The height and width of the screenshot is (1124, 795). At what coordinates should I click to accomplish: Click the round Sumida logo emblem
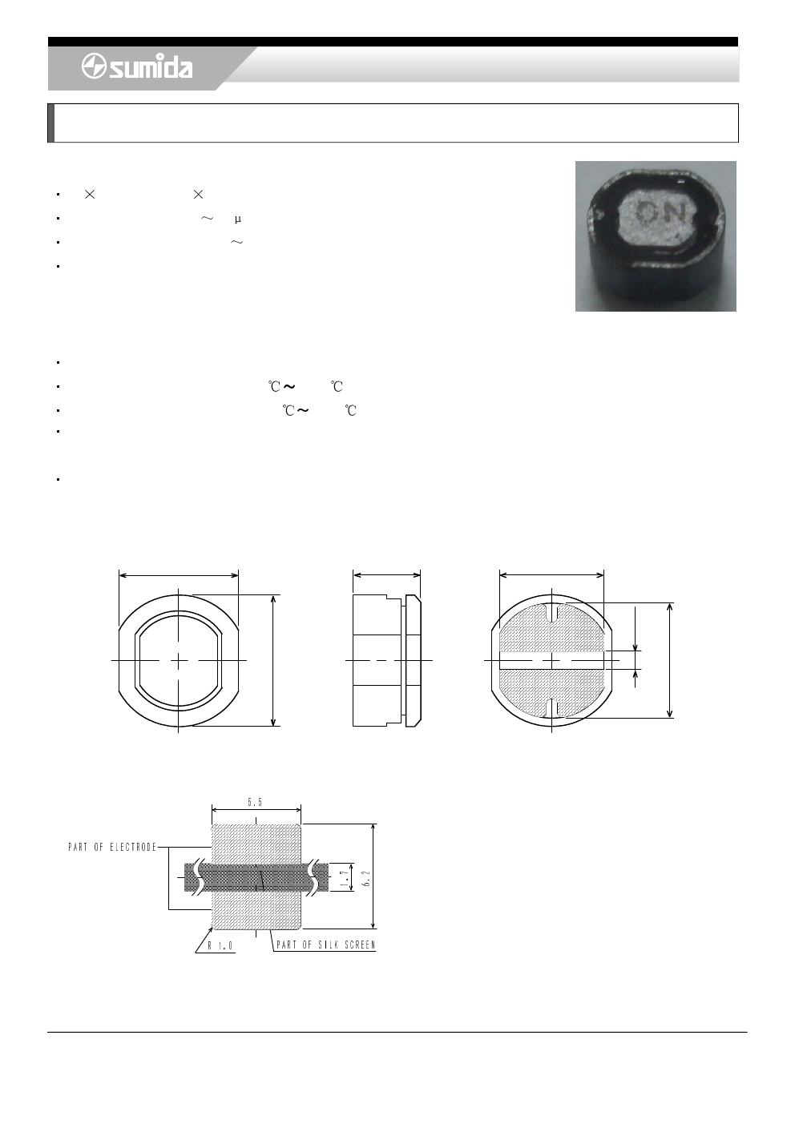point(94,66)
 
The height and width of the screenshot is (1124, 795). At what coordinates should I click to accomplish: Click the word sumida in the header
point(151,66)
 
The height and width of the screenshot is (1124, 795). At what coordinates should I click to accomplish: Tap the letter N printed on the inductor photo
point(676,214)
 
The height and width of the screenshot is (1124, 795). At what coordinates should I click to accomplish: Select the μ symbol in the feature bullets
point(238,220)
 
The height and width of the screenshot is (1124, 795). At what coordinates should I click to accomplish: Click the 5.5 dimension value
point(255,803)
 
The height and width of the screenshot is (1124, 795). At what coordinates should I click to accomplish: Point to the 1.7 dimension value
point(345,876)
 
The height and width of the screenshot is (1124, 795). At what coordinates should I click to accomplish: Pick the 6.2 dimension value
point(366,878)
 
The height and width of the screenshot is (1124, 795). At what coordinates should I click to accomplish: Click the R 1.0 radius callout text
point(220,945)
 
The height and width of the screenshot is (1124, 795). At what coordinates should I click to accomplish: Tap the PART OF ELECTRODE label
point(112,848)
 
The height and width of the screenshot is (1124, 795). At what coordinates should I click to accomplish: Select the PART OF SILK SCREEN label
point(326,945)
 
